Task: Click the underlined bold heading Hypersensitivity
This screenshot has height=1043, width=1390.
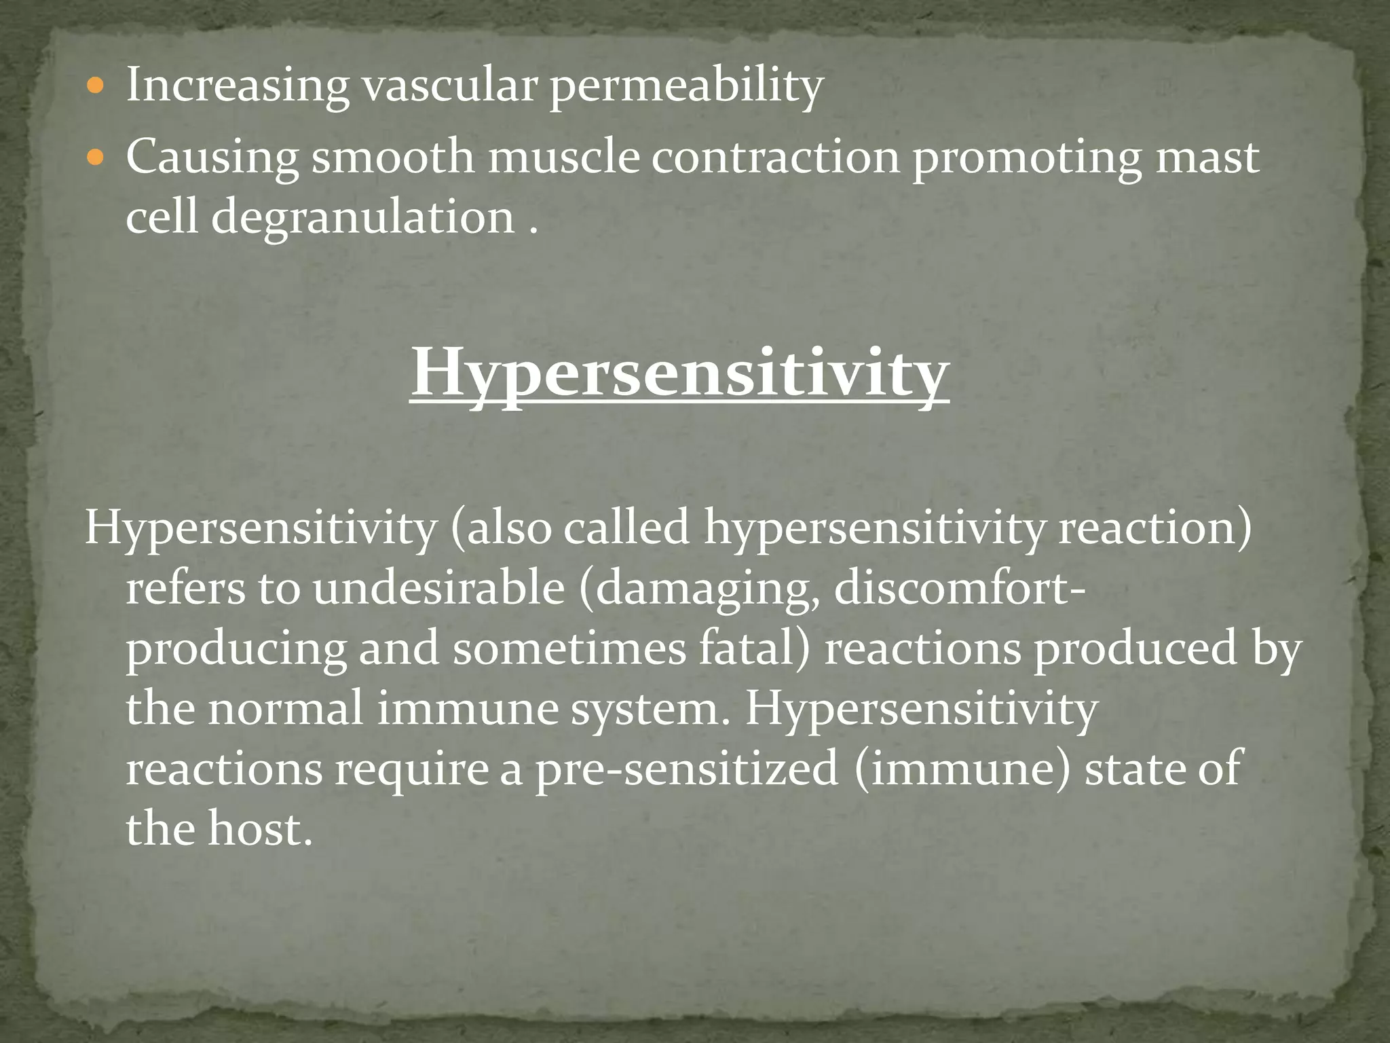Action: click(x=679, y=373)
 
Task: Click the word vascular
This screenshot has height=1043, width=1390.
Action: click(x=449, y=87)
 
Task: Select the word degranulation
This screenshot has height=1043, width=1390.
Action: click(x=363, y=219)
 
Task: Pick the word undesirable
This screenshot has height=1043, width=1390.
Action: click(x=438, y=588)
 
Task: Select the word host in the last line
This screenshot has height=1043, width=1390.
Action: click(x=255, y=829)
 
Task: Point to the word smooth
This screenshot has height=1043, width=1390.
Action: click(x=393, y=158)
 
